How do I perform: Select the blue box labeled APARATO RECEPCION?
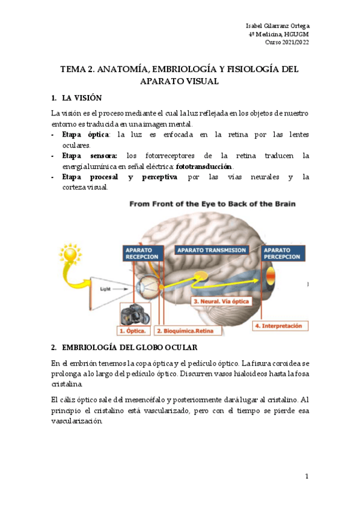(x=141, y=253)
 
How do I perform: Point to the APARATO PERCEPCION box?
(x=282, y=253)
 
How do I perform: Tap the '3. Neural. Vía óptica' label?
(x=219, y=300)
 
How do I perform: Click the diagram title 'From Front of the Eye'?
(x=212, y=204)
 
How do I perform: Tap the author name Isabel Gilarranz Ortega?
(x=278, y=26)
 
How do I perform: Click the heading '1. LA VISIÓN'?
(x=76, y=97)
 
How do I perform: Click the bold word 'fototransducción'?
(x=204, y=166)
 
